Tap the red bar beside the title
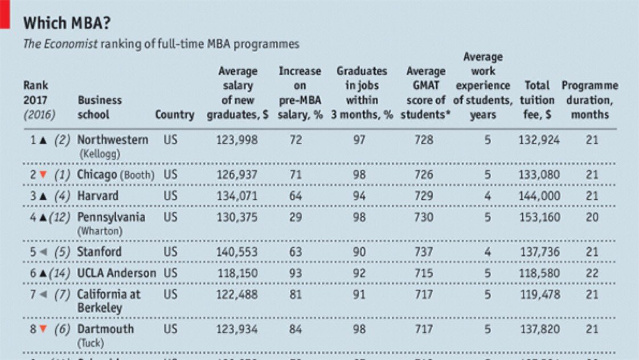tap(5, 14)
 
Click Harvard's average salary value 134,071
tap(237, 196)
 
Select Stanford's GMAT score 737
tap(424, 252)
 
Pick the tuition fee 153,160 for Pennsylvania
tap(539, 217)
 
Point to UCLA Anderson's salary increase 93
tap(296, 273)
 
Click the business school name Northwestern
tap(112, 140)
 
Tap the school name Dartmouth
tap(105, 329)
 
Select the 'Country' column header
tap(174, 114)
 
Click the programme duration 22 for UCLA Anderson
tap(592, 273)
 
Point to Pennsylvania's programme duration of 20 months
tap(592, 217)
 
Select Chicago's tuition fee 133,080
tap(539, 174)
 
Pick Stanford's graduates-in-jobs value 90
tap(359, 252)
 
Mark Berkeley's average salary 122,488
tap(237, 294)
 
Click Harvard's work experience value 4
tap(488, 196)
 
